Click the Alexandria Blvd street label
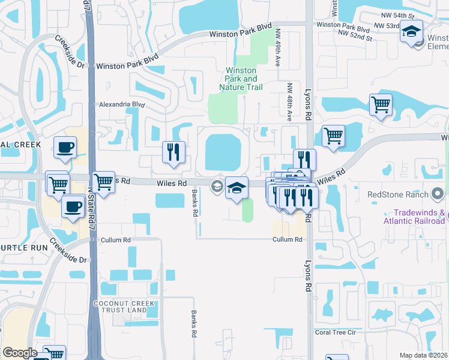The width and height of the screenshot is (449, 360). (122, 104)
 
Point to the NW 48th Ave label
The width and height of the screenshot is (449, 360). (289, 102)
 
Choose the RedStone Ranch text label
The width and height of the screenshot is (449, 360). (398, 194)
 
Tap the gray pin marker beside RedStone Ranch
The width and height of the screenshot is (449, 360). (438, 194)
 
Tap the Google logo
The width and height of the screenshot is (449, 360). (20, 353)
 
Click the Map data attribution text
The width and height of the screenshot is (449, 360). (424, 355)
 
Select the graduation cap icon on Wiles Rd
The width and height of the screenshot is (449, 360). (237, 188)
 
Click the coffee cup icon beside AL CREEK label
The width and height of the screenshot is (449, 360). (65, 147)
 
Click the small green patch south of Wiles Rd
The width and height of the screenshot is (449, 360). (247, 211)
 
